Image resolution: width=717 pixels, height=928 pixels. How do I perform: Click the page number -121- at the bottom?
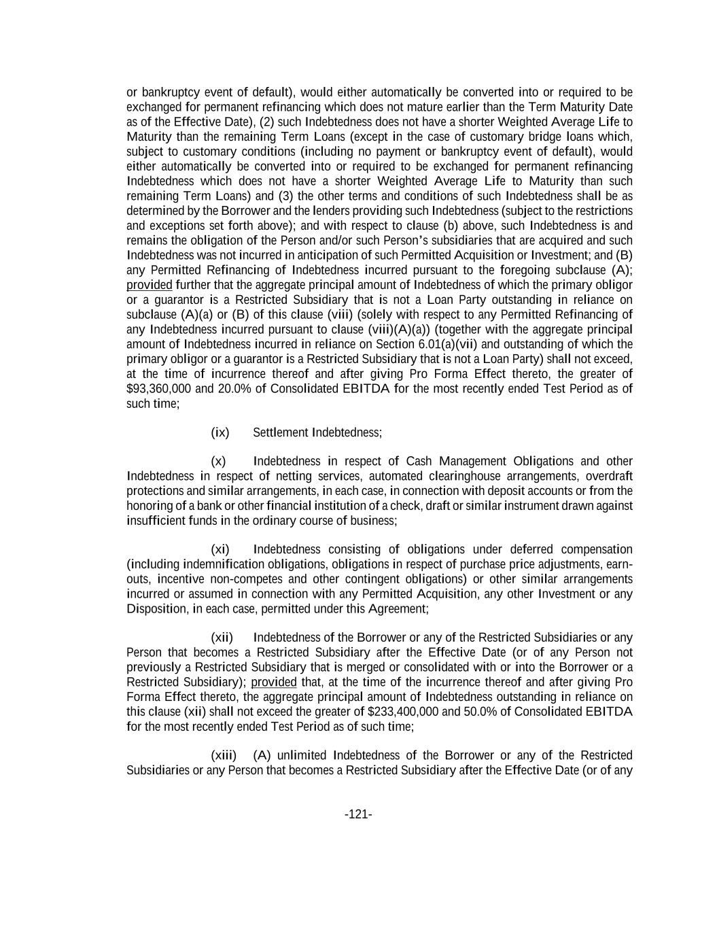(358, 814)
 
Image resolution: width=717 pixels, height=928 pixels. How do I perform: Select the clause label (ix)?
(220, 432)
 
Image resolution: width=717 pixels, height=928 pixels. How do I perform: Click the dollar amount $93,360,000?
(160, 389)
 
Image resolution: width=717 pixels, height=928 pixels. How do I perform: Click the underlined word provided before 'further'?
(150, 285)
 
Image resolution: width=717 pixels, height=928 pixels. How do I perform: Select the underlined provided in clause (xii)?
(274, 682)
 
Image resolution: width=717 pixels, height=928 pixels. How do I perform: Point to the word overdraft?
(609, 477)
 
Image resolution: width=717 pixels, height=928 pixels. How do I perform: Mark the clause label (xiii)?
(224, 755)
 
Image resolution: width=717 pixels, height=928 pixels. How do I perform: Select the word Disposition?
(158, 609)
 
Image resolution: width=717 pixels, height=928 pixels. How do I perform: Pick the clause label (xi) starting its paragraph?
(220, 549)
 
